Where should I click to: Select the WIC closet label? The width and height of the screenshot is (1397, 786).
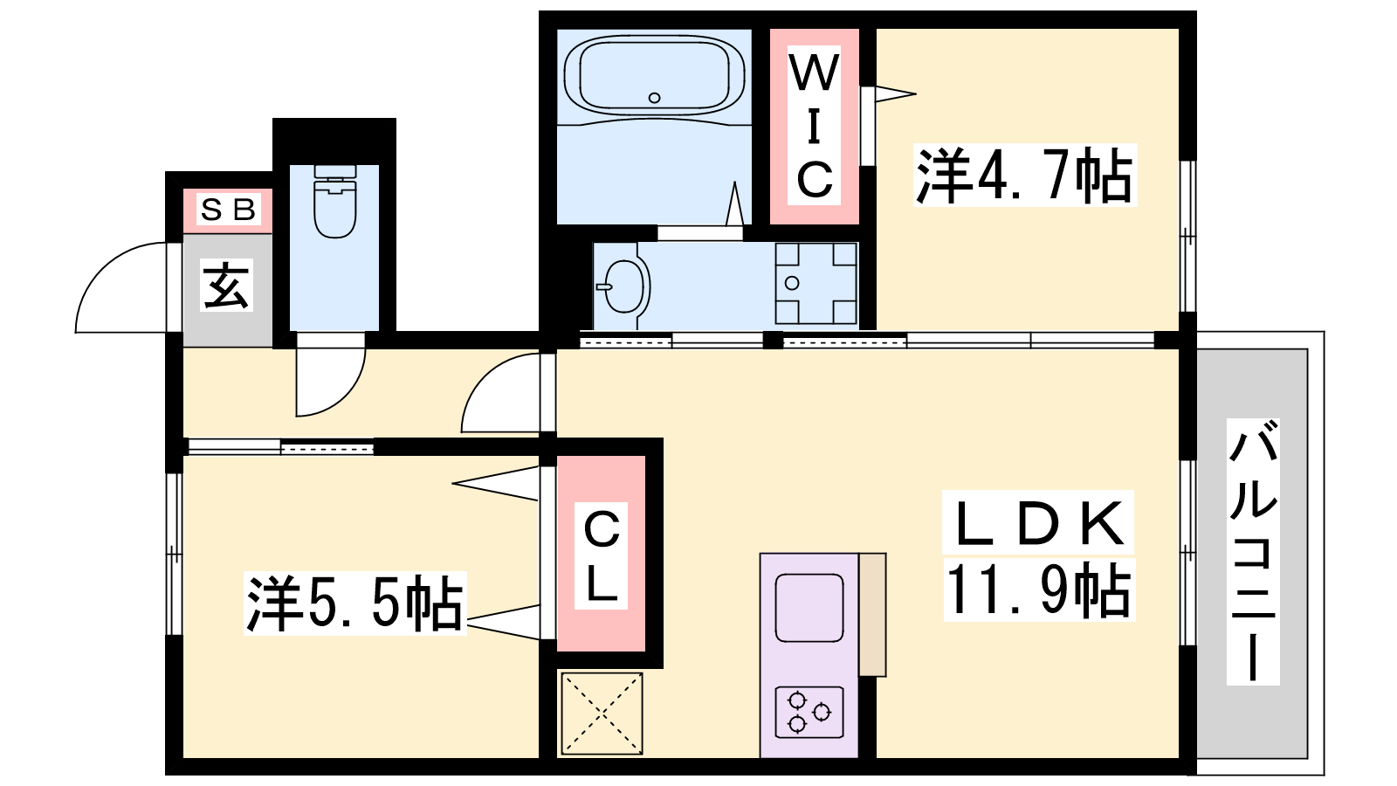click(814, 126)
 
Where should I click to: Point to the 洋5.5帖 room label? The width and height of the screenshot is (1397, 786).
click(354, 603)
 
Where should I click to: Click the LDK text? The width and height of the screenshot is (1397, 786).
click(1038, 523)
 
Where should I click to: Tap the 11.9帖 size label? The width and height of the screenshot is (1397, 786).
click(1039, 590)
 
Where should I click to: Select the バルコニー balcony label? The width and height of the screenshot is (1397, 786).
click(1253, 552)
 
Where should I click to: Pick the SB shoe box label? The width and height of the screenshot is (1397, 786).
click(228, 210)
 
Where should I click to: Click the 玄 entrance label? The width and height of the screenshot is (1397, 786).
click(226, 285)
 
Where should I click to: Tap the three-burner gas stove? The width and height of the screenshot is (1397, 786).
click(809, 712)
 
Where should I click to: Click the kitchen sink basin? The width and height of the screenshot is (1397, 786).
click(809, 608)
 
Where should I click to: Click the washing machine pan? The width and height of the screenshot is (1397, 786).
click(815, 284)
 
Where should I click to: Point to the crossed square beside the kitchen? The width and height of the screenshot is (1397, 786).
click(602, 713)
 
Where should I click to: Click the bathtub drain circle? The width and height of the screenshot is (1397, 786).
click(654, 97)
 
